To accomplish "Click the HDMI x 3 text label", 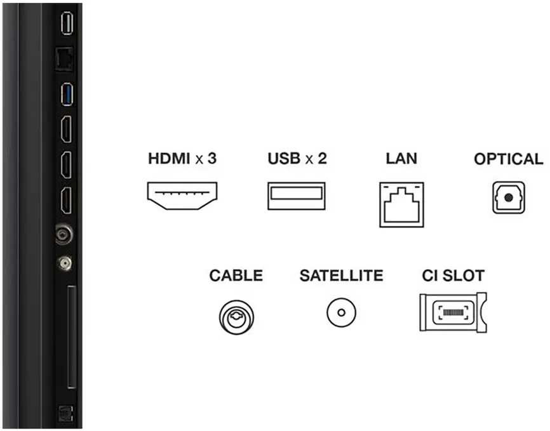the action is point(182,159).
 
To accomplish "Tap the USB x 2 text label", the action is point(297,159).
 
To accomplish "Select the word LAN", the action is point(401,159).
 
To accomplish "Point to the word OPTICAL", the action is point(509,159).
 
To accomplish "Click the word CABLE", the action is point(236,275).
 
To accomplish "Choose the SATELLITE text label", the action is point(341,275).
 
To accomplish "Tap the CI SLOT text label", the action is point(453,275).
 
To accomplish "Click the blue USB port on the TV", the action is point(67,95).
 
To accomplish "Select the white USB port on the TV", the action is point(67,23).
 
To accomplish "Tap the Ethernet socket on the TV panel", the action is point(65,59).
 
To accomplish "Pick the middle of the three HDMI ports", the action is point(66,165).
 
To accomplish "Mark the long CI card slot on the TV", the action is point(72,336).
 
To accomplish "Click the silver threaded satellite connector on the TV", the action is point(65,263).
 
